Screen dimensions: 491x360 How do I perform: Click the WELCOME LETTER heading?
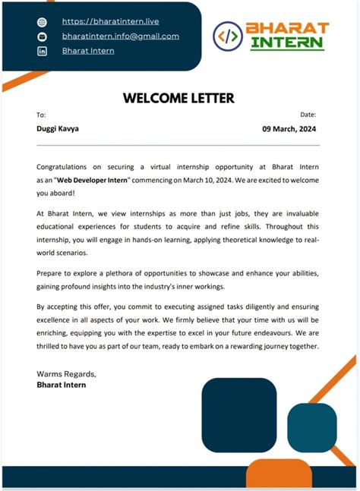click(x=178, y=98)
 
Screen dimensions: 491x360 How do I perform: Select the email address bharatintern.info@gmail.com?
click(x=120, y=36)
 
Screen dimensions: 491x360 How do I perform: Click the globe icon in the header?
click(x=42, y=22)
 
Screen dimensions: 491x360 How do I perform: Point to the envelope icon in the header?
click(x=42, y=36)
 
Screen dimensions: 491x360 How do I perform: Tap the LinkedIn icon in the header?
click(x=42, y=51)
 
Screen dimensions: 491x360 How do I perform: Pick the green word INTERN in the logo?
click(x=287, y=43)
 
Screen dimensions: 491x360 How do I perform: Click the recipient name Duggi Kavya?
click(x=57, y=128)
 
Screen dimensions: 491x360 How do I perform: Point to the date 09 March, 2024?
click(x=289, y=129)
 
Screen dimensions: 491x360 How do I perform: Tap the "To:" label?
click(x=41, y=115)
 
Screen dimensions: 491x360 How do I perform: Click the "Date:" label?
click(x=308, y=115)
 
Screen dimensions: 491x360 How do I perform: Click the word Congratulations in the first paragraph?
click(x=65, y=165)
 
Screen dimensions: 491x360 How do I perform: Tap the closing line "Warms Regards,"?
click(x=66, y=374)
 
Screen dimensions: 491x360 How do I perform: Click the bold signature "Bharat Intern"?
click(x=62, y=385)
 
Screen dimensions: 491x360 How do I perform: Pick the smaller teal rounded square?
click(x=311, y=428)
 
